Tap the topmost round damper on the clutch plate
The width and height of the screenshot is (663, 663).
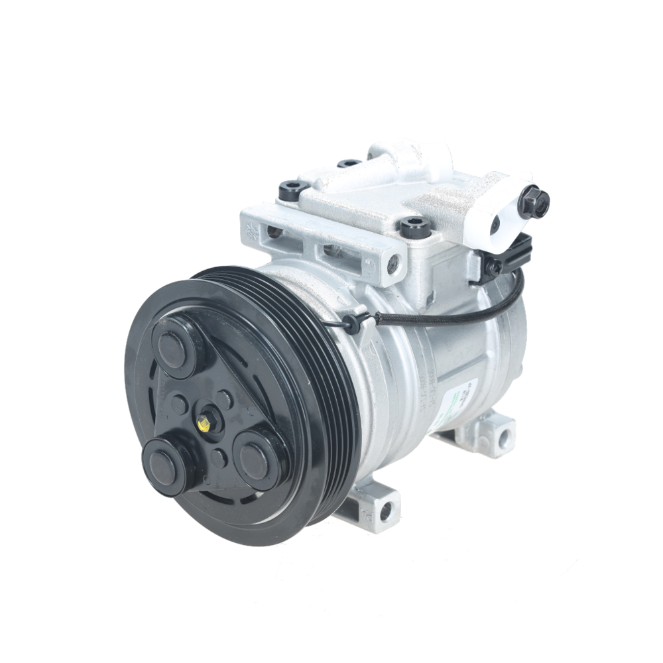click(174, 347)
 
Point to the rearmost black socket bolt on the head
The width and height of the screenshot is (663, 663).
click(349, 163)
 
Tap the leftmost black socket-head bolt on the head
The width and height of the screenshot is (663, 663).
click(292, 190)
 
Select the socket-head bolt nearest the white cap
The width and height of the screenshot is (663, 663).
click(416, 227)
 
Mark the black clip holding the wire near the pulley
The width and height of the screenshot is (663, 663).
click(352, 324)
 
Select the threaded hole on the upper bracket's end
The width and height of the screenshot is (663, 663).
click(394, 263)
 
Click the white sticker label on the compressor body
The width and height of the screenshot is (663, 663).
click(465, 398)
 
